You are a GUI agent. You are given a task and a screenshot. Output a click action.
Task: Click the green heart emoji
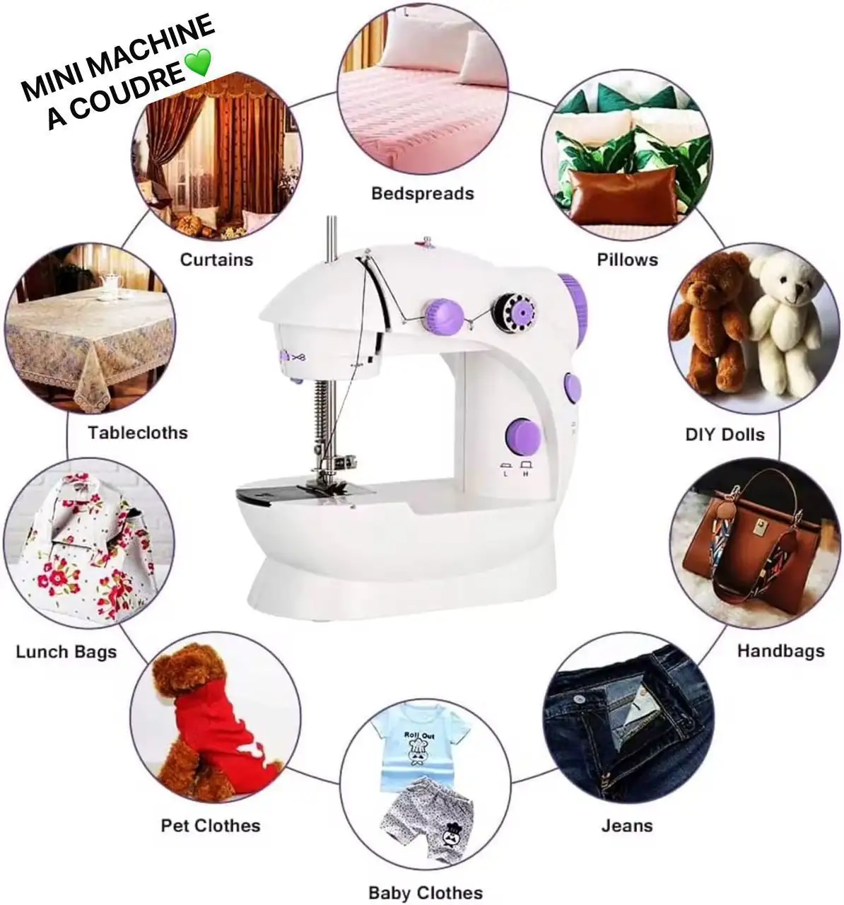point(198,62)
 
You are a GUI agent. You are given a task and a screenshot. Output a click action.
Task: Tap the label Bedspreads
point(423,194)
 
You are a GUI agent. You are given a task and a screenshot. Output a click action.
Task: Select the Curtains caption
point(216,259)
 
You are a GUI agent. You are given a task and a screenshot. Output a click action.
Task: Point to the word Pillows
point(628,259)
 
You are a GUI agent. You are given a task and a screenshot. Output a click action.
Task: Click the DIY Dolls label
point(725,434)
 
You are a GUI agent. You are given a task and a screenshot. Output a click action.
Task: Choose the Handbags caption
point(780,650)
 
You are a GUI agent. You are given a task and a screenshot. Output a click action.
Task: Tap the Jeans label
point(626,825)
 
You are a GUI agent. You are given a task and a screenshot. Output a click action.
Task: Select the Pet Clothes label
point(211,825)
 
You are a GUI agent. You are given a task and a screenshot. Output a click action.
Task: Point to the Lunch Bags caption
point(66,652)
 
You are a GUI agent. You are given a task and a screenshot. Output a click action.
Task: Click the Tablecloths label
point(138,433)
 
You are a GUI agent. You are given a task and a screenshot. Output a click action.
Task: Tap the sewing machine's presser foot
point(329,484)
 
